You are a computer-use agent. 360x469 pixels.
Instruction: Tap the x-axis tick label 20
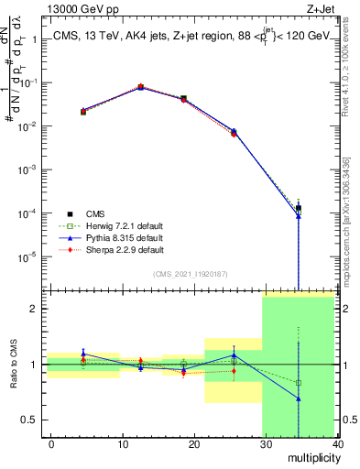[x=192, y=443]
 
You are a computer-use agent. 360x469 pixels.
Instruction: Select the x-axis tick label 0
[x=51, y=443]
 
